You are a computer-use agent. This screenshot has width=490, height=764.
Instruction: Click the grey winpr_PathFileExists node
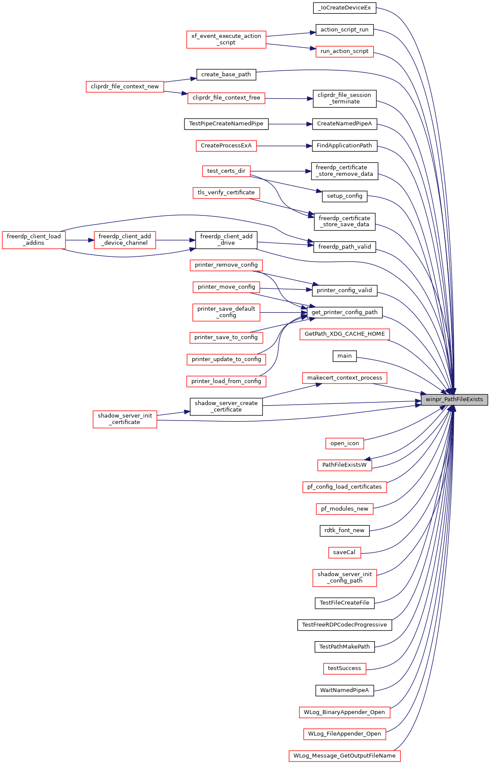coord(454,399)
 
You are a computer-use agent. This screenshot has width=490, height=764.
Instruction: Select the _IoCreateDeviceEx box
coord(344,8)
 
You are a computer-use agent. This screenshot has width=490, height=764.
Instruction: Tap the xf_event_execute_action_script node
coord(226,39)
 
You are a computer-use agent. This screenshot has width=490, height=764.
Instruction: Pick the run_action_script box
coord(344,51)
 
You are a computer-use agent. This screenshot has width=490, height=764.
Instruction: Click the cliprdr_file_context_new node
coord(125,87)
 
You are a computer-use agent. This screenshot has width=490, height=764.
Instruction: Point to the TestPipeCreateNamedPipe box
coord(226,124)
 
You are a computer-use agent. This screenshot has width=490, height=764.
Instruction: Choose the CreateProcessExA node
coord(226,146)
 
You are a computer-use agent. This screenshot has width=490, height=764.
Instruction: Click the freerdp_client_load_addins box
coord(34,240)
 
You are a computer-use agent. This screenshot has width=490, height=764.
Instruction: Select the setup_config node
coord(345,196)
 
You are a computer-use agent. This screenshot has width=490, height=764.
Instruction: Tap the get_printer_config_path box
coord(344,312)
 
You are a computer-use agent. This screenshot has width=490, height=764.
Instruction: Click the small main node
coord(345,356)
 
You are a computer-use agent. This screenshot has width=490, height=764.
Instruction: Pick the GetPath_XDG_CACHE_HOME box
coord(345,334)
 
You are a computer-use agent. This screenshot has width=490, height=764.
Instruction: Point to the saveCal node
coord(344,552)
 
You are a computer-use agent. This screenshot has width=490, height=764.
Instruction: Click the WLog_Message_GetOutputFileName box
coord(344,756)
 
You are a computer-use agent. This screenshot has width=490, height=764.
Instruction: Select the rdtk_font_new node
coord(344,530)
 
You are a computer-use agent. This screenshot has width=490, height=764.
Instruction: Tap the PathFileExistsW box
coord(344,465)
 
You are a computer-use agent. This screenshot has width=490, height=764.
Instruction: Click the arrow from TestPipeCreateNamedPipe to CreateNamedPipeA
coord(290,124)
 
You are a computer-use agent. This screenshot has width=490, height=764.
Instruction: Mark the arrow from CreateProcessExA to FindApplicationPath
coord(284,146)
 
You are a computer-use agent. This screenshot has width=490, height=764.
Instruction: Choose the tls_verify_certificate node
coord(226,193)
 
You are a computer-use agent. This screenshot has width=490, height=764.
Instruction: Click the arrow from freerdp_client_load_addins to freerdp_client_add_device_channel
coord(80,240)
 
